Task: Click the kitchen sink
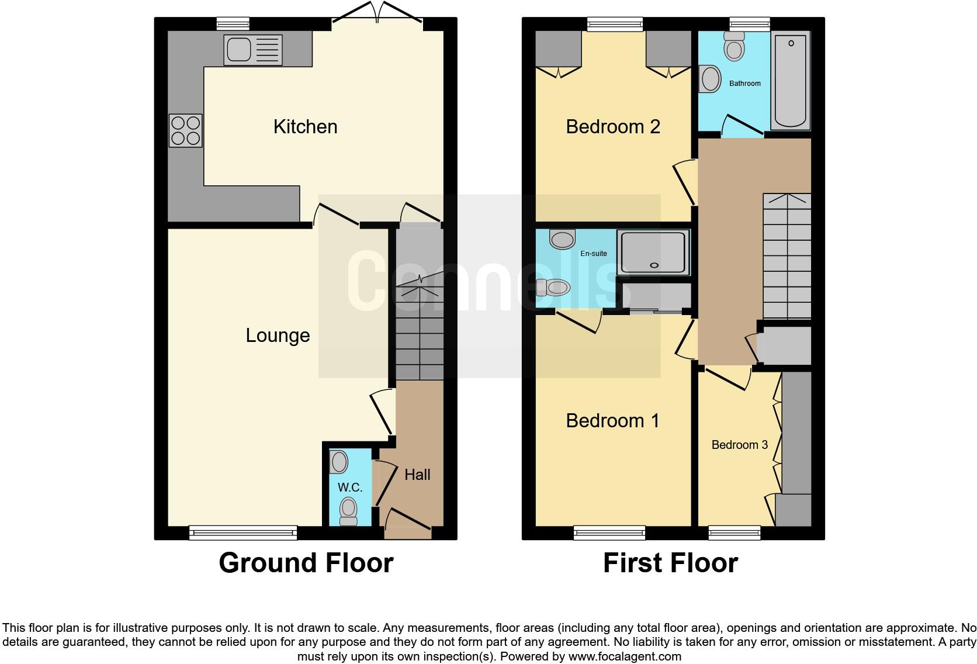(x=252, y=50)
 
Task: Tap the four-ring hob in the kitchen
(x=186, y=130)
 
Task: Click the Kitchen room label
(x=305, y=127)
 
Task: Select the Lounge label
(x=278, y=336)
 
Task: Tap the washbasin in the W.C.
(x=339, y=462)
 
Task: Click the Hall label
(x=417, y=475)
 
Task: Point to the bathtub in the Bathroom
(x=791, y=81)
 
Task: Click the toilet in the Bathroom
(x=734, y=46)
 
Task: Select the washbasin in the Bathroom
(x=711, y=78)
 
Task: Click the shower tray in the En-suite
(x=653, y=253)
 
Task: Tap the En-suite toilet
(x=553, y=287)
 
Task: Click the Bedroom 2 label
(x=613, y=127)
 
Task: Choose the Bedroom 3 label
(x=739, y=445)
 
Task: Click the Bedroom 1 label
(x=612, y=421)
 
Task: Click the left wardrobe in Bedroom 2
(x=559, y=49)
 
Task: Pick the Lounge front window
(x=243, y=532)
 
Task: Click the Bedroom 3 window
(x=735, y=532)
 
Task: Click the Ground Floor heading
(x=306, y=563)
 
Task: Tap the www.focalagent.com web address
(x=624, y=656)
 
